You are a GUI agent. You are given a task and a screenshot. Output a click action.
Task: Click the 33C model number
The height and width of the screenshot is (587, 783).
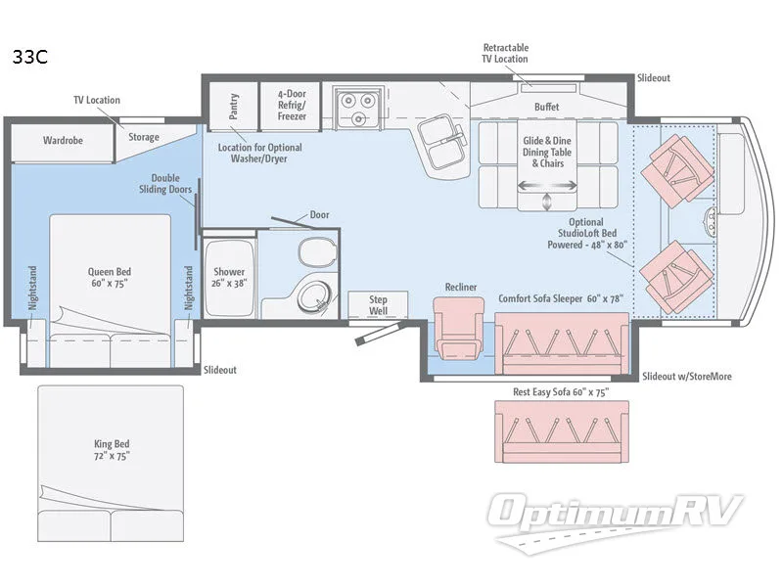(x=30, y=57)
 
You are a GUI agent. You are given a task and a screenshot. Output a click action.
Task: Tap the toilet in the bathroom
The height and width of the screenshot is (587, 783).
(x=316, y=252)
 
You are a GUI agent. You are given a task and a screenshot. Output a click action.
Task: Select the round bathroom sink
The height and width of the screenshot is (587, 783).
(x=313, y=297)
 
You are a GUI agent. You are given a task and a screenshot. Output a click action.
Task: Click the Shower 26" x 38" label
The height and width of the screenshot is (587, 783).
(x=229, y=278)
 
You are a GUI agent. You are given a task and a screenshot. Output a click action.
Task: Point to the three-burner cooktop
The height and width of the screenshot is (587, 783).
(x=358, y=108)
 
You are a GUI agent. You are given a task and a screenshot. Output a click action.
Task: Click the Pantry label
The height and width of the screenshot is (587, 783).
(x=233, y=107)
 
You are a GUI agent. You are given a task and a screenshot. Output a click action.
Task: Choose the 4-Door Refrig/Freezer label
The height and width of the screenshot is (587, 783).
(x=292, y=105)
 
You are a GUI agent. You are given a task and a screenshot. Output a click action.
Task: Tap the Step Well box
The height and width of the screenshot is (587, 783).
(x=378, y=304)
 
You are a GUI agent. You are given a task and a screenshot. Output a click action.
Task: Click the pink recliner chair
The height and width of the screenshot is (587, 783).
(x=459, y=328)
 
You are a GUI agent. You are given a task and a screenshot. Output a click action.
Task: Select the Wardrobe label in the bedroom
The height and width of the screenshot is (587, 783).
(x=63, y=140)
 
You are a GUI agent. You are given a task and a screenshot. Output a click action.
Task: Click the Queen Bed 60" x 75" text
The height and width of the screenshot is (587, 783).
(x=110, y=278)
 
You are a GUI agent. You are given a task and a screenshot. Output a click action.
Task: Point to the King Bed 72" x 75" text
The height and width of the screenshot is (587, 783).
(x=112, y=450)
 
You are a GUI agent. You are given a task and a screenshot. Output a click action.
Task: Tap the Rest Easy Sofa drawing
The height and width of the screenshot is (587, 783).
(x=562, y=431)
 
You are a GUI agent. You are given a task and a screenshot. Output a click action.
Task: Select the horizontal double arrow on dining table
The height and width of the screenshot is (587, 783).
(x=547, y=186)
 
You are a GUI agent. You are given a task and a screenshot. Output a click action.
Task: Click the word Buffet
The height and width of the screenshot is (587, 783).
(x=547, y=107)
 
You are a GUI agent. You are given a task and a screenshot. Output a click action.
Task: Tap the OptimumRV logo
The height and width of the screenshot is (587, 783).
(x=615, y=521)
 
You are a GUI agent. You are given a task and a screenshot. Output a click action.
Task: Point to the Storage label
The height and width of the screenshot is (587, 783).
(x=144, y=137)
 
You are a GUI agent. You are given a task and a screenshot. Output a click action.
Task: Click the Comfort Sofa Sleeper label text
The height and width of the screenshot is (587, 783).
(x=561, y=298)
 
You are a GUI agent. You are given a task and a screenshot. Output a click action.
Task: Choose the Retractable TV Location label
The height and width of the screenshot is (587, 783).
(x=505, y=54)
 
